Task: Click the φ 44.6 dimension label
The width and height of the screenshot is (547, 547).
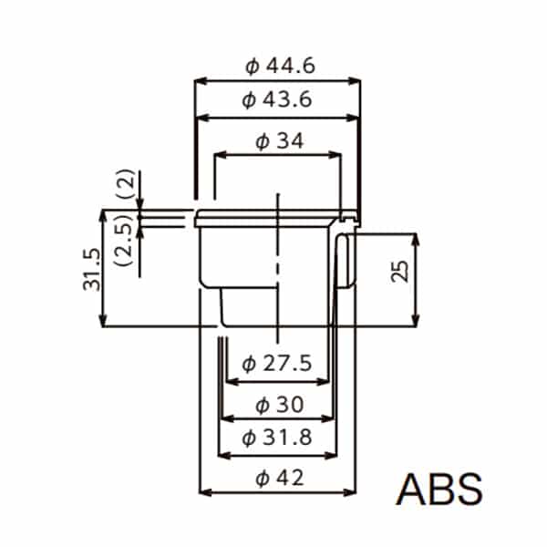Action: click(x=278, y=67)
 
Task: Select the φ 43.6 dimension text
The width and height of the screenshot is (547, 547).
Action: click(x=278, y=101)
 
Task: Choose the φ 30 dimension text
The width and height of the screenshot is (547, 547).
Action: click(x=280, y=404)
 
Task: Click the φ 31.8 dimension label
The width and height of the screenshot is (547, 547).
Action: click(x=279, y=439)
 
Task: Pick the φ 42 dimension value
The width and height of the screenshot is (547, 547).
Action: click(x=279, y=477)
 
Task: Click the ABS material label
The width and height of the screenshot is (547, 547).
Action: click(x=439, y=490)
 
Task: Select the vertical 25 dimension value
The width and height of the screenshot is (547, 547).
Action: click(x=399, y=271)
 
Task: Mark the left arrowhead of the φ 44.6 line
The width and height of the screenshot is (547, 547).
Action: click(x=201, y=81)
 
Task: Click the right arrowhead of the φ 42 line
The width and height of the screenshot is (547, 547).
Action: click(x=351, y=493)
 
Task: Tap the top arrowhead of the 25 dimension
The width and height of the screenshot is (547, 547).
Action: click(x=416, y=239)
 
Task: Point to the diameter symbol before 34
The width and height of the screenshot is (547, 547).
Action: click(x=263, y=141)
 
